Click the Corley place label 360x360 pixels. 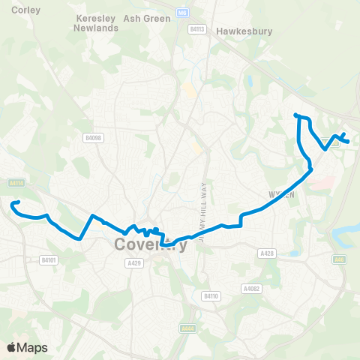(26, 10)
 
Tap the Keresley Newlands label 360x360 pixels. (96, 23)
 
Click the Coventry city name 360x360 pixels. (151, 245)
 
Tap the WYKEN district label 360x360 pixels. (278, 193)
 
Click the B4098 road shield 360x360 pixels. (93, 138)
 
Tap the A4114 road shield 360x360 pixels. (16, 182)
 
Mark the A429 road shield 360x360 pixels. (134, 263)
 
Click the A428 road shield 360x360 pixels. (266, 253)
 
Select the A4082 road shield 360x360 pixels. (251, 288)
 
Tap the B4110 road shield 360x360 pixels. (211, 297)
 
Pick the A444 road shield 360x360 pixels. (188, 328)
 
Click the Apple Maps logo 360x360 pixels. (28, 347)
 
